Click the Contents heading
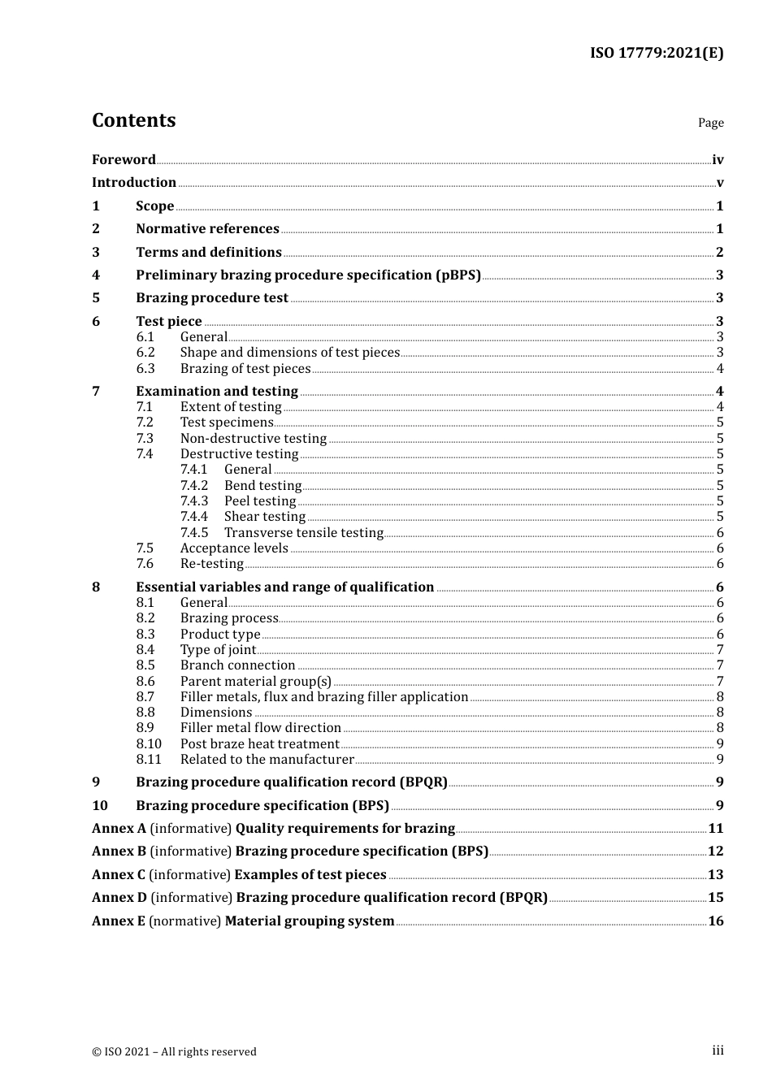pos(133,120)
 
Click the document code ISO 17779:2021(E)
pos(656,53)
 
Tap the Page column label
pos(710,123)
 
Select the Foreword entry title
pos(124,160)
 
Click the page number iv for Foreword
pos(718,160)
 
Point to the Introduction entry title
pos(134,183)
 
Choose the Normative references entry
pos(207,229)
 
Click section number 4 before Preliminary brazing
pos(96,275)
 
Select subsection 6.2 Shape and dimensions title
pos(289,353)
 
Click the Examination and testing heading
pos(217,392)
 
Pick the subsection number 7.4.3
pos(194,501)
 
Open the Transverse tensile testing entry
pos(303,533)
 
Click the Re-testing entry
pos(211,564)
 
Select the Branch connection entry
pos(237,665)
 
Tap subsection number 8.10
pos(149,744)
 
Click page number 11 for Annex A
pos(715,829)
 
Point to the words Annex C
pos(119,875)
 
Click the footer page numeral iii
pos(718,1051)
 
